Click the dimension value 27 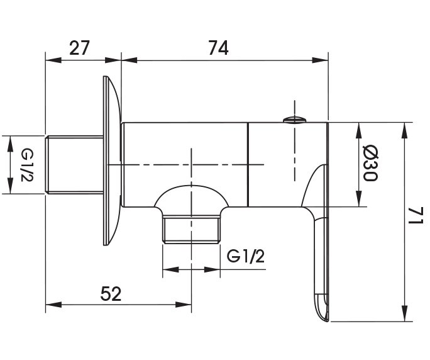tap(79, 47)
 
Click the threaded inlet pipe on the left tap(74, 164)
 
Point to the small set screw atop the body tap(294, 118)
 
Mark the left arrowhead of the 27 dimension tap(50, 61)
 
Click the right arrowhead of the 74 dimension tap(323, 61)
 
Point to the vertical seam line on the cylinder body tap(249, 164)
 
